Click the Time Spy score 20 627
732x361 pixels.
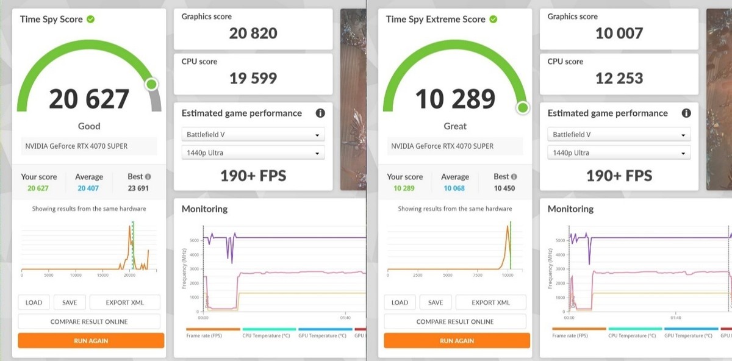point(89,99)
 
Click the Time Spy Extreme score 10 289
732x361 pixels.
point(455,99)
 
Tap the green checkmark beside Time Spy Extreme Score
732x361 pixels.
point(493,19)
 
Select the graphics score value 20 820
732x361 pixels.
point(253,33)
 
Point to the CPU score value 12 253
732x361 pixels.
point(619,78)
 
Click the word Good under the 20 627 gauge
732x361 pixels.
point(89,126)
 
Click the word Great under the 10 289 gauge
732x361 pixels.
point(455,126)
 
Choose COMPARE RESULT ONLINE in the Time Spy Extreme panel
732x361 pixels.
point(455,321)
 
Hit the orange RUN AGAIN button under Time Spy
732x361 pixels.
point(91,340)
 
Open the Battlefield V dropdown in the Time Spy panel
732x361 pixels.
point(253,135)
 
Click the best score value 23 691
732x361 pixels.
point(138,188)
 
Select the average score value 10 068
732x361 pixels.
point(454,188)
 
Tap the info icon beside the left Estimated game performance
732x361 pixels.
point(320,113)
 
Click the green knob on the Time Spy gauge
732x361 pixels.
point(151,84)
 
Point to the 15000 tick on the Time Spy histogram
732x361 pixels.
point(103,276)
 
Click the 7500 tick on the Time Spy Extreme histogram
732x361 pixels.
point(478,276)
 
